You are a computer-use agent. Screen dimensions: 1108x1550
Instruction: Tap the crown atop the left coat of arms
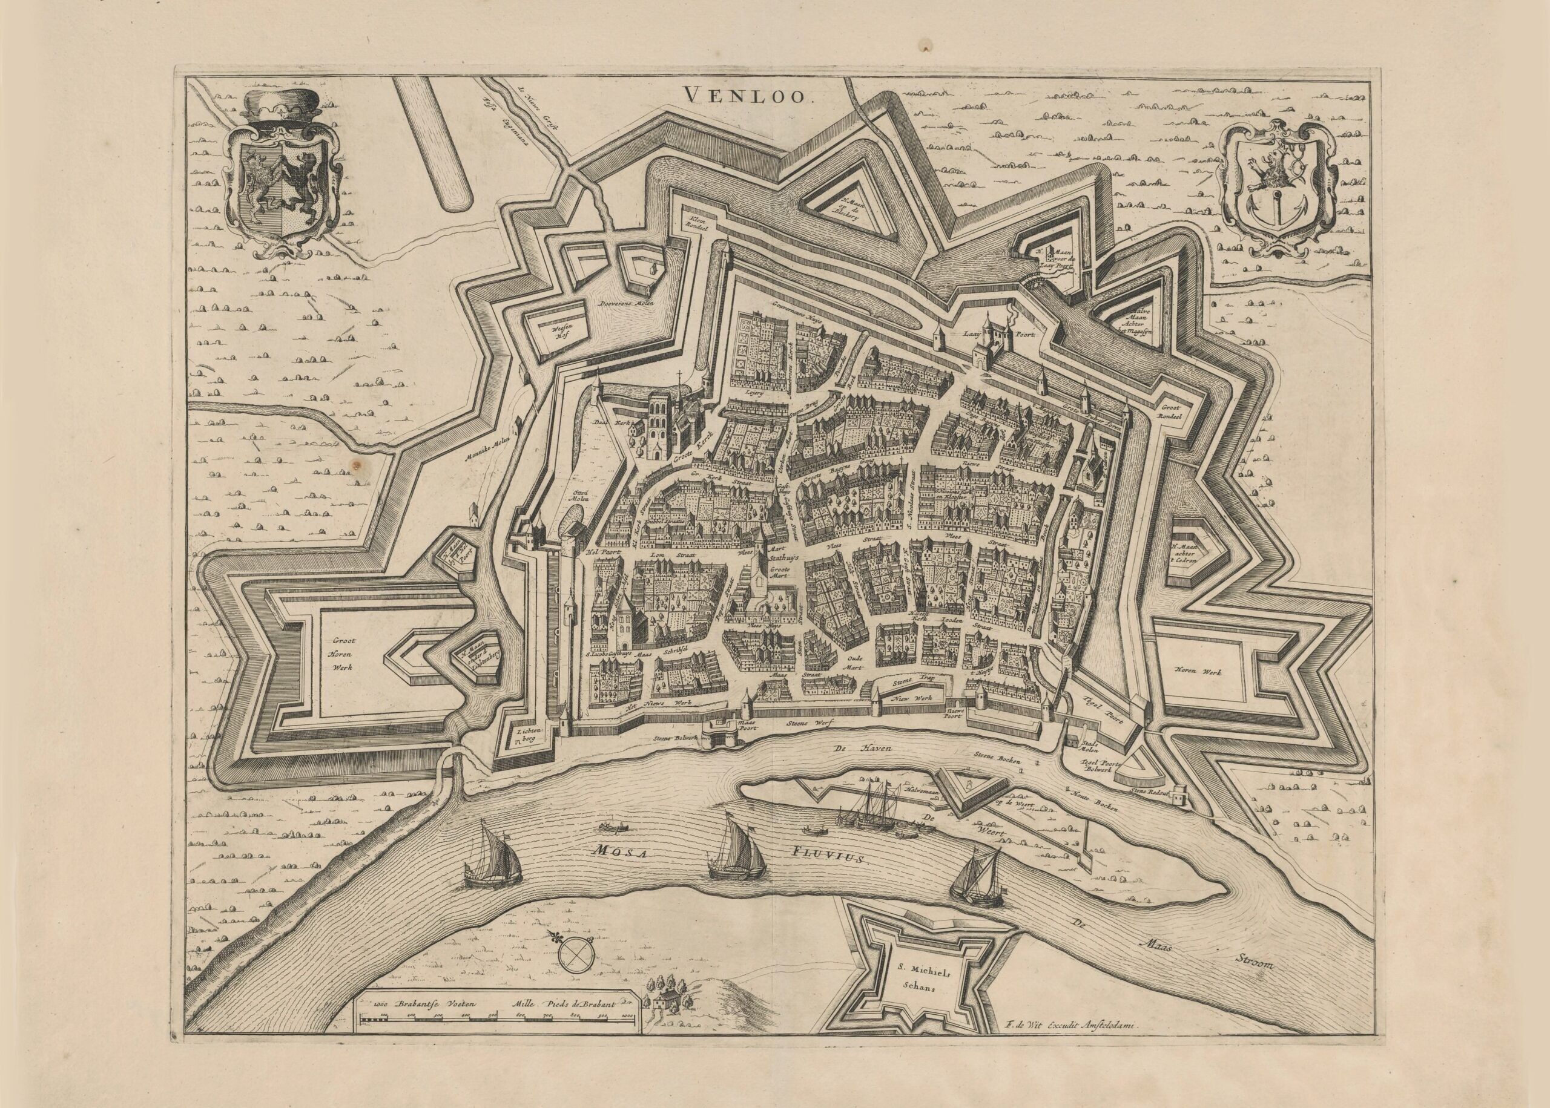point(280,107)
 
